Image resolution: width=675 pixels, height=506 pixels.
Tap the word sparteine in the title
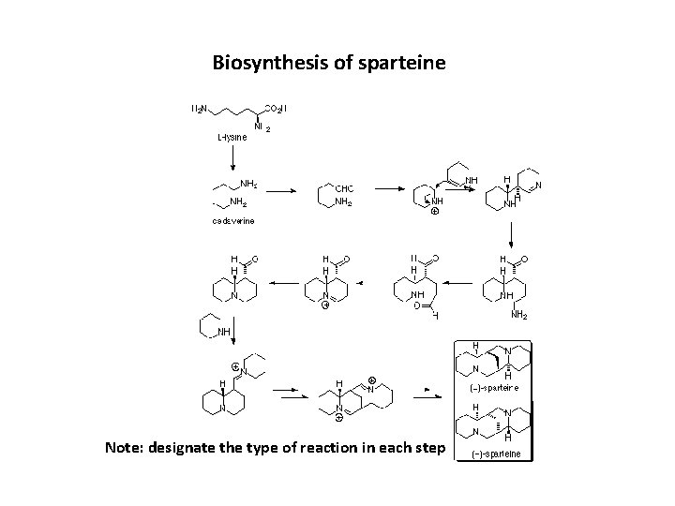click(403, 64)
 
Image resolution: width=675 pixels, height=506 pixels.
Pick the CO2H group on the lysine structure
click(278, 109)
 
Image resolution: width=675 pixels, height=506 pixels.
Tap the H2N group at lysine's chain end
click(200, 109)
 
